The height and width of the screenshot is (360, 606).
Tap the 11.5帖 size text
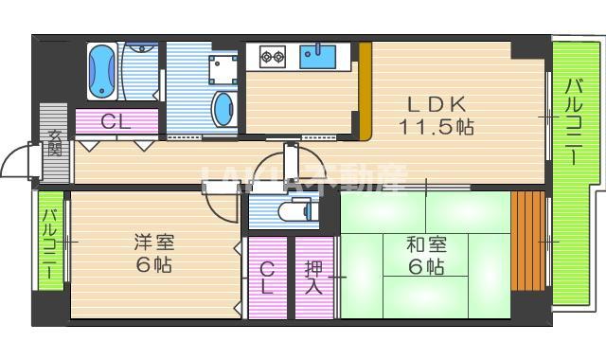(436, 125)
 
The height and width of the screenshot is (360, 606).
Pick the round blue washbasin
(223, 108)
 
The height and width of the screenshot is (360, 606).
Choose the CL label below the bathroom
(116, 121)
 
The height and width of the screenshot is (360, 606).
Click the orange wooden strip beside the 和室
(528, 242)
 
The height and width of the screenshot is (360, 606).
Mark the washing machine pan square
(223, 70)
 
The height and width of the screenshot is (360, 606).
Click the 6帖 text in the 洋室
(152, 266)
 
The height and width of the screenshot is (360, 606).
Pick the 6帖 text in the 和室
(427, 267)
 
